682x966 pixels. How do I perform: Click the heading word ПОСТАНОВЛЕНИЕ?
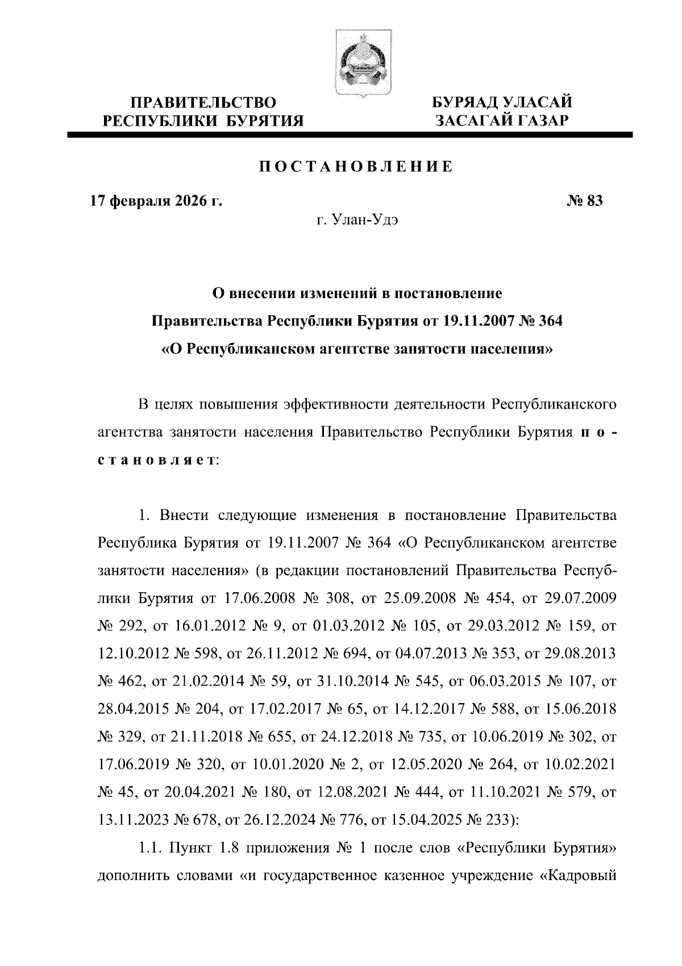click(x=356, y=167)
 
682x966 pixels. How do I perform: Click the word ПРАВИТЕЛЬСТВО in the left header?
click(x=204, y=103)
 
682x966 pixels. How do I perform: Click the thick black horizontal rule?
click(x=349, y=135)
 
